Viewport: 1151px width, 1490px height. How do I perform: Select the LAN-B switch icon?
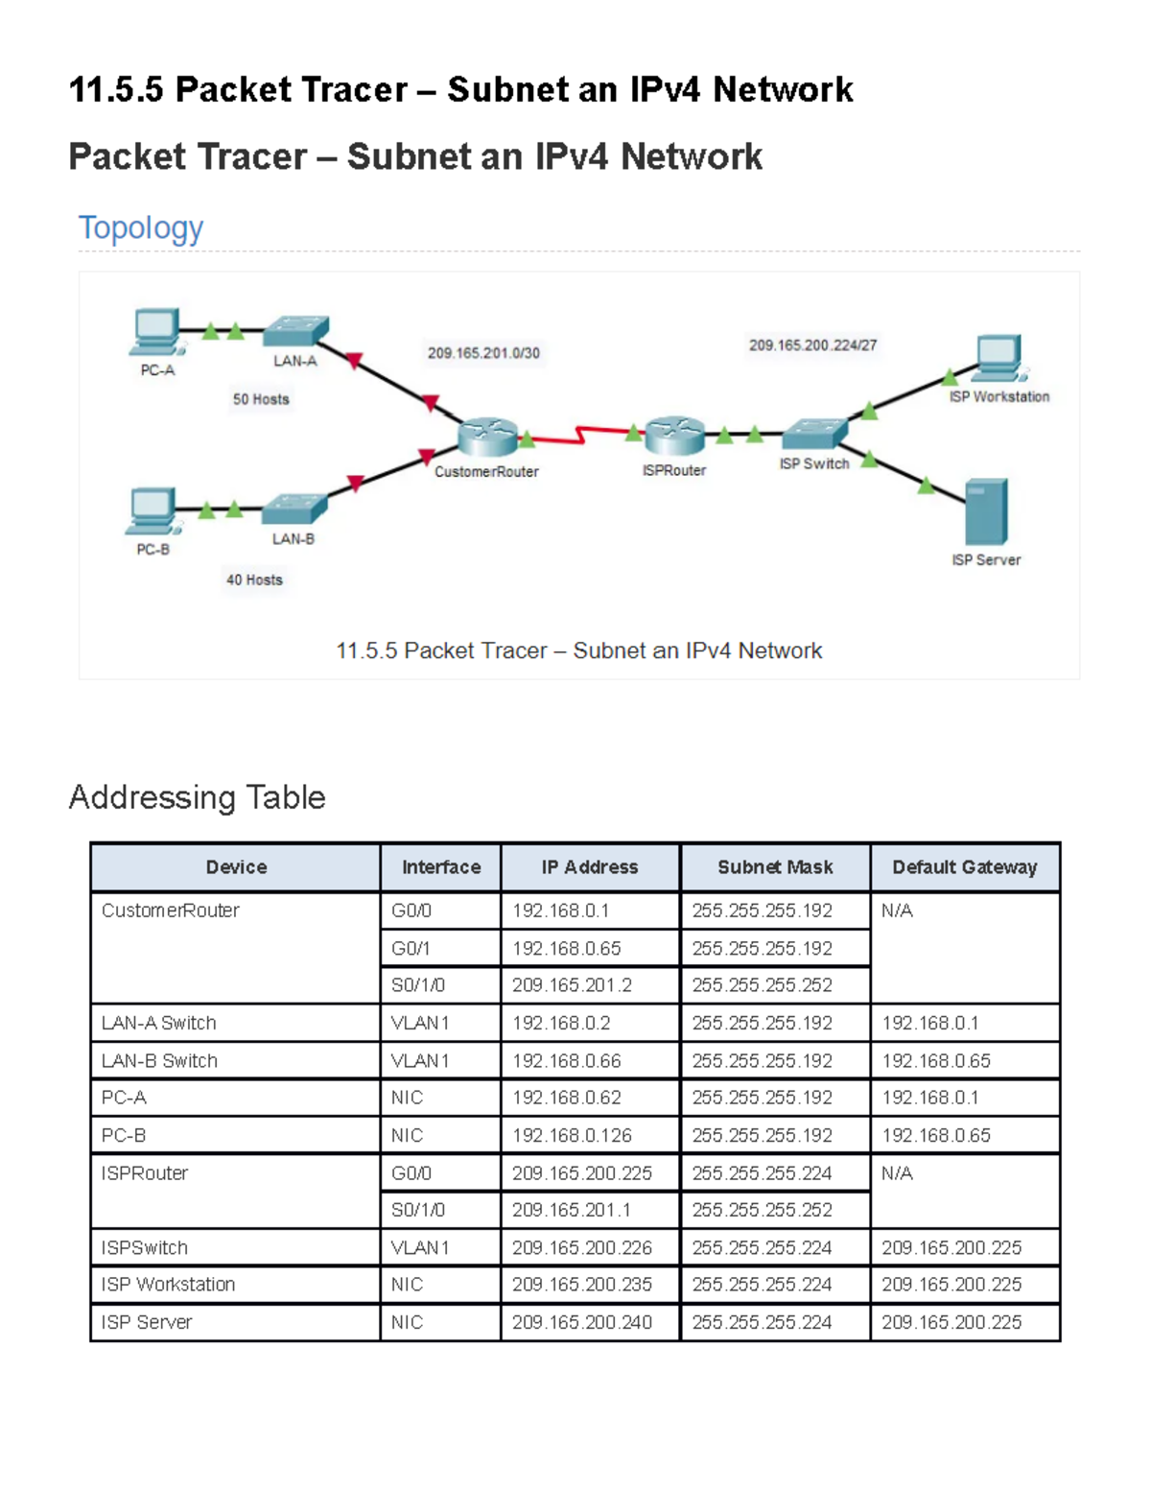(x=294, y=509)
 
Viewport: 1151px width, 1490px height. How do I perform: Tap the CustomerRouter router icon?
(x=487, y=437)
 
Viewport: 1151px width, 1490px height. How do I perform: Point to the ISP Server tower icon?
(x=986, y=511)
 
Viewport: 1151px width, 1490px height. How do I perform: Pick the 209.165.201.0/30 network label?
(x=484, y=353)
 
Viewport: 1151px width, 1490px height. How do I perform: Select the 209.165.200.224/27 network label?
(x=813, y=344)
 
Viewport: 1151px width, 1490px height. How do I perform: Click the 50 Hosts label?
(x=261, y=399)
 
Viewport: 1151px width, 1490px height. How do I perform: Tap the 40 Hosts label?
(x=254, y=579)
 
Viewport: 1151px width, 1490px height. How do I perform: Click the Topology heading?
(x=141, y=227)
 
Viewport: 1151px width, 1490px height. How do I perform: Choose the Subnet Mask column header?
(x=775, y=867)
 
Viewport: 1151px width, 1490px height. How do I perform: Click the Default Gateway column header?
(x=965, y=867)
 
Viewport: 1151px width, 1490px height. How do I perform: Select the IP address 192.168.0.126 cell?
(x=590, y=1136)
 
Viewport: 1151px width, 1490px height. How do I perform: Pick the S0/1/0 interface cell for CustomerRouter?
(x=441, y=985)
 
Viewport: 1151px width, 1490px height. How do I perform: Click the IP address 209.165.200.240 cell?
(x=590, y=1322)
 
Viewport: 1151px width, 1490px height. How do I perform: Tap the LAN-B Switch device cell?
(x=235, y=1061)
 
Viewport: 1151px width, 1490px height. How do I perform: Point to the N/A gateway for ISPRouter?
(x=898, y=1173)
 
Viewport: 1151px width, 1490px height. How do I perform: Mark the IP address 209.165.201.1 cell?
(x=590, y=1210)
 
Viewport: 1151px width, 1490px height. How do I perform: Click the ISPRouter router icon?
(x=675, y=436)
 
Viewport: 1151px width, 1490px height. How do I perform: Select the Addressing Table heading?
(x=198, y=797)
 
